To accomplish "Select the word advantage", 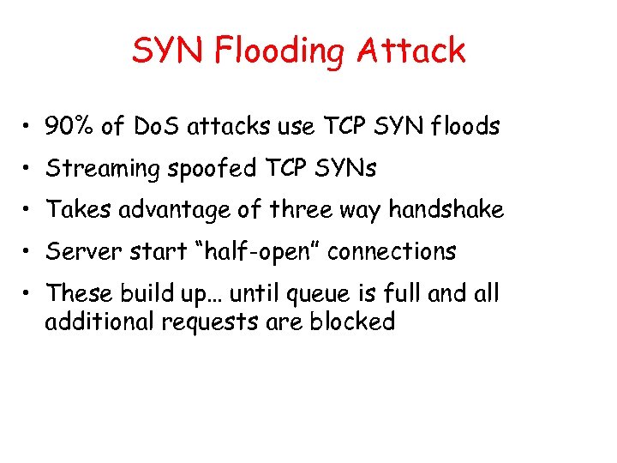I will (x=183, y=209).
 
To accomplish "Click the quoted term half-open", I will (x=236, y=251).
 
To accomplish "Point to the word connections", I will (x=392, y=251).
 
